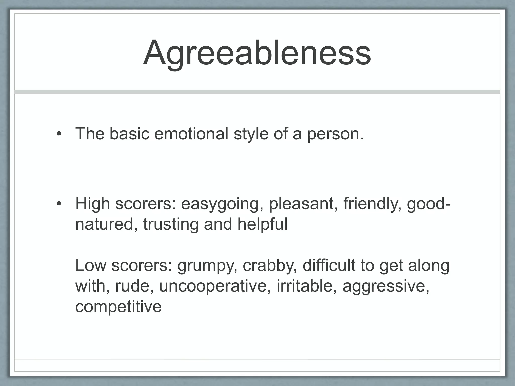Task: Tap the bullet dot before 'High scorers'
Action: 59,203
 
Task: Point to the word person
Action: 335,134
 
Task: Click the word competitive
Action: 118,307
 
